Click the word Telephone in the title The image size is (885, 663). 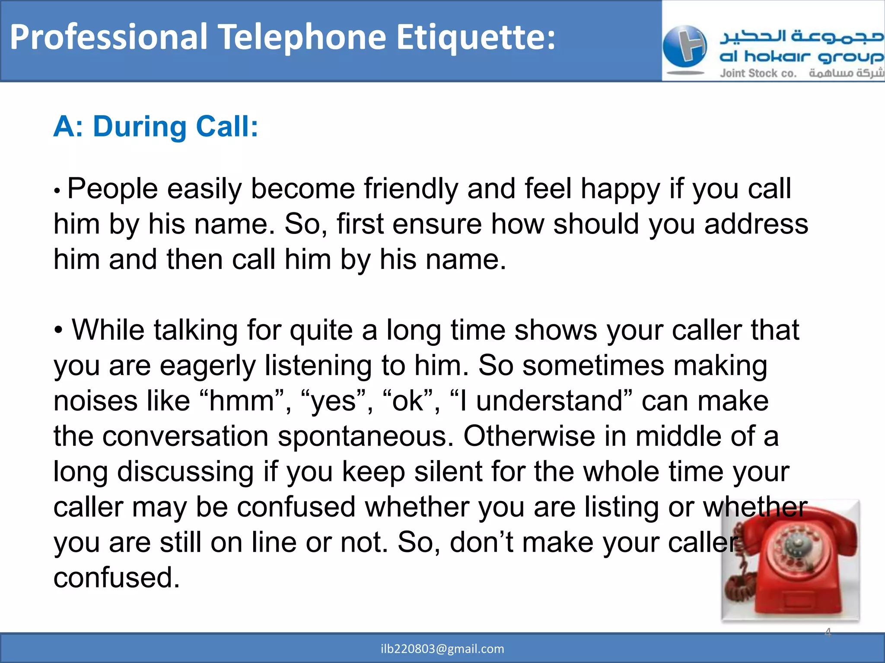click(x=303, y=38)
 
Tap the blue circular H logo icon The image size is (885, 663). click(x=684, y=47)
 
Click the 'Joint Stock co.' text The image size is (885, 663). click(x=758, y=73)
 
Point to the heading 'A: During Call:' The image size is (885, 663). click(x=156, y=127)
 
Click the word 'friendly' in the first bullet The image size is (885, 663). click(x=411, y=189)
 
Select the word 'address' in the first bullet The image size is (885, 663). click(x=756, y=224)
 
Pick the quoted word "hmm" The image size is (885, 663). click(x=242, y=401)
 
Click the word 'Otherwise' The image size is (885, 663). click(x=529, y=436)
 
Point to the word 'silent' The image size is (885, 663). click(x=447, y=471)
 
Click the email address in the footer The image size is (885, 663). click(x=442, y=649)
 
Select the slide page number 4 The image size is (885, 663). click(x=828, y=632)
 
